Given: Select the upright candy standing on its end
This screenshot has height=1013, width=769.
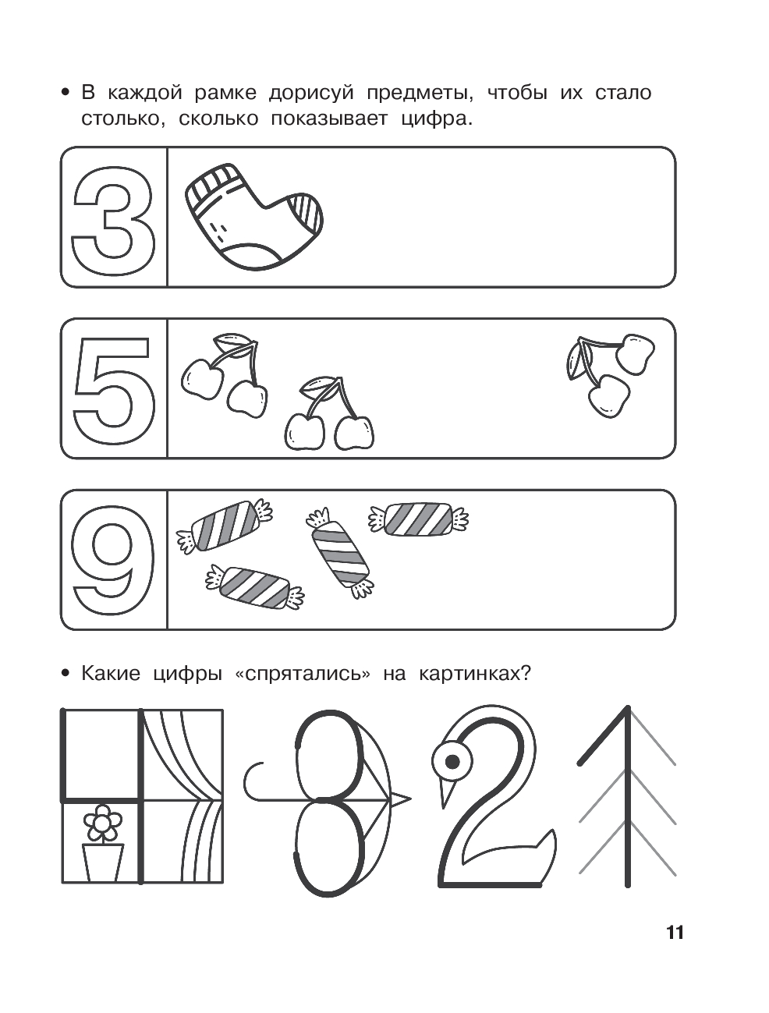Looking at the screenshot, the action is click(339, 553).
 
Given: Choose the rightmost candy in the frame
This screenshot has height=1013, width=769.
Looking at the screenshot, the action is click(418, 519).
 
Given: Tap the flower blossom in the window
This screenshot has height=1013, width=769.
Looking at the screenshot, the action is click(102, 823).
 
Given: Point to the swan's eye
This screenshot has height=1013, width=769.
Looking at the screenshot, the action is click(452, 761).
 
